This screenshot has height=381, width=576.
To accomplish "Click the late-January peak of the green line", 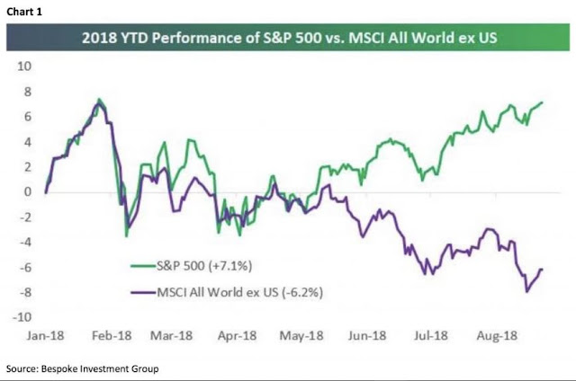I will [99, 100].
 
